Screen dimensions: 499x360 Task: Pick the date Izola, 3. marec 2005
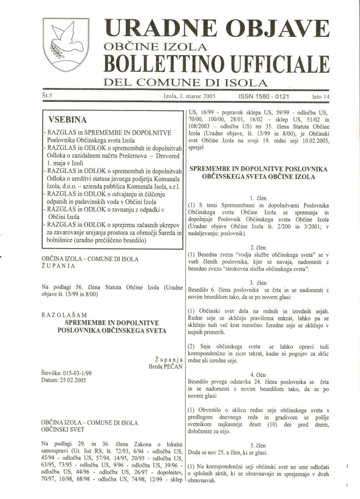(x=189, y=96)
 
